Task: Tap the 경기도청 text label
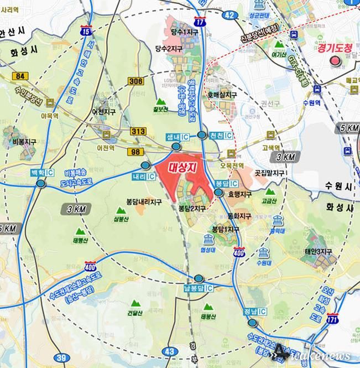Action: pos(335,48)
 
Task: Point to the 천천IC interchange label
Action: pos(221,136)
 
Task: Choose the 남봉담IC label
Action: pos(198,288)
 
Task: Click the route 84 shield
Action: pos(22,75)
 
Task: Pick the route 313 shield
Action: pos(138,131)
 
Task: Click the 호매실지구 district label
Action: pos(222,95)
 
